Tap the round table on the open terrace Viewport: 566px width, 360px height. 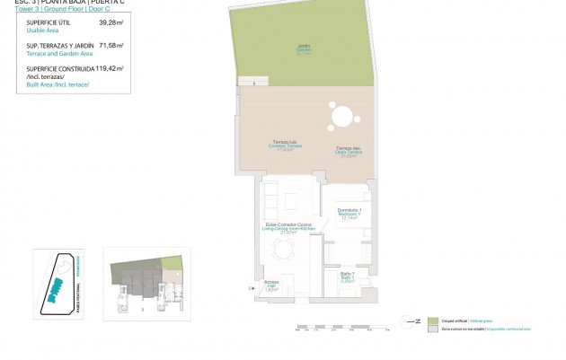click(342, 118)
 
